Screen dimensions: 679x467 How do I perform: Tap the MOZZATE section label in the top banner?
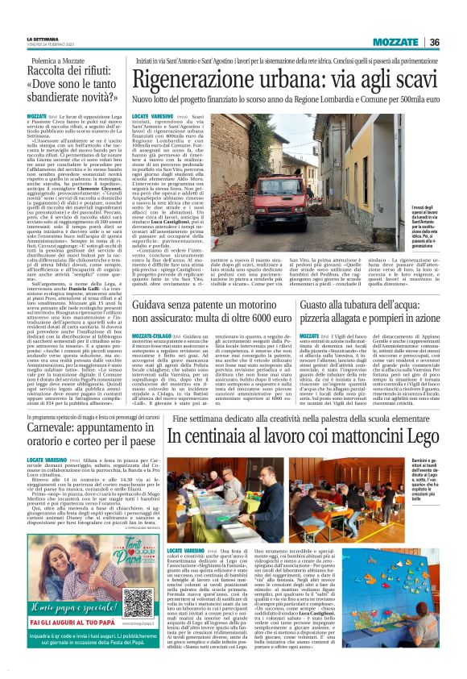click(x=399, y=42)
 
